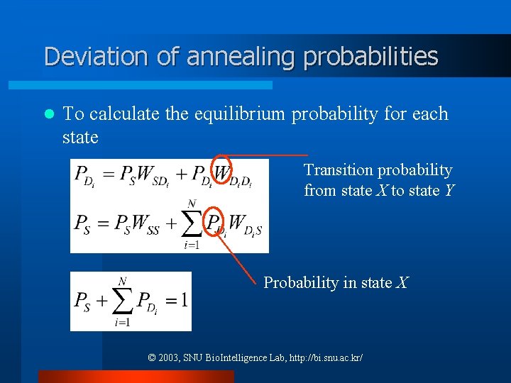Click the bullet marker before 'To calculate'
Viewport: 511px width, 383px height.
49,114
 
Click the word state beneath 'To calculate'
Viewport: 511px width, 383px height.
80,137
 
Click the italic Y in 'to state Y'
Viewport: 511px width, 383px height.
448,191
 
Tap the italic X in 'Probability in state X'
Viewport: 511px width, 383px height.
402,283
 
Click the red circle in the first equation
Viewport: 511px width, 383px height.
222,171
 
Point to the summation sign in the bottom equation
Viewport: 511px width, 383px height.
122,301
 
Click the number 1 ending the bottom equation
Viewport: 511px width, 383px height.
184,300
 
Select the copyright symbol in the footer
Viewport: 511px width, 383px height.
152,358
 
